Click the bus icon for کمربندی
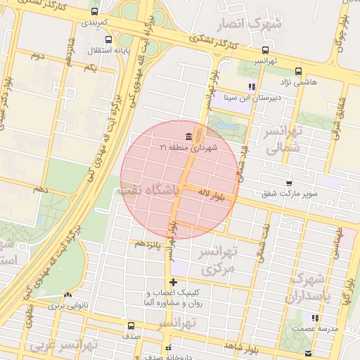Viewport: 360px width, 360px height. point(95,12)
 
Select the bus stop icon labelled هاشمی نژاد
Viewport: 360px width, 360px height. point(299,71)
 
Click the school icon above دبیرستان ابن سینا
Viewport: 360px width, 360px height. point(252,87)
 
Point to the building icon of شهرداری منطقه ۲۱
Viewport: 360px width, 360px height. point(188,136)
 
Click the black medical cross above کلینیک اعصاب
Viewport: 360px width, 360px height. point(174,283)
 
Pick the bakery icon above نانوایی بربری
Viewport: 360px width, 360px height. point(67,297)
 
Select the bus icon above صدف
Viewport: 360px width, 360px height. point(131,326)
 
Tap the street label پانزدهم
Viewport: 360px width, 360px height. point(149,244)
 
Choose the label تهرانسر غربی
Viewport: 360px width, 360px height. point(61,346)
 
